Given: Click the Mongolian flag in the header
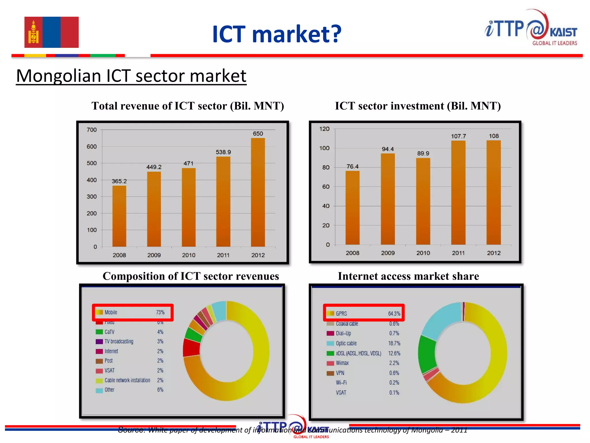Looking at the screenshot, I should coord(51,32).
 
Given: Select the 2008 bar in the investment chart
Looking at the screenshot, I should coord(352,208).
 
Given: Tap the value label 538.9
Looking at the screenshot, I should coord(223,152).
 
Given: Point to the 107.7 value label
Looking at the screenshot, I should coord(458,136).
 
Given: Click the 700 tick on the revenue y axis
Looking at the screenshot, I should coord(92,130).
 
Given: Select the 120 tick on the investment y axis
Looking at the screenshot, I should coord(324,129).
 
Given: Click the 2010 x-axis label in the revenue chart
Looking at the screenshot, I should coord(189,255).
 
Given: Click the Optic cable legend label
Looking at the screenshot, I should coord(346,343).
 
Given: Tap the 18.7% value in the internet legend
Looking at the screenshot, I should coord(394,343).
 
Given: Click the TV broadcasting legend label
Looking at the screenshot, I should coord(119,341).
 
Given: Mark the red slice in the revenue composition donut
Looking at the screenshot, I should coord(191,348).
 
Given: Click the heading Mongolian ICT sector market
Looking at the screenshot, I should coord(131,76).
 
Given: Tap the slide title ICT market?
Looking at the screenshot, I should coord(277,34).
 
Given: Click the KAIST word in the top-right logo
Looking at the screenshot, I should coord(563,32).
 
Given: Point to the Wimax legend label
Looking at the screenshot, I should coord(342,363).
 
